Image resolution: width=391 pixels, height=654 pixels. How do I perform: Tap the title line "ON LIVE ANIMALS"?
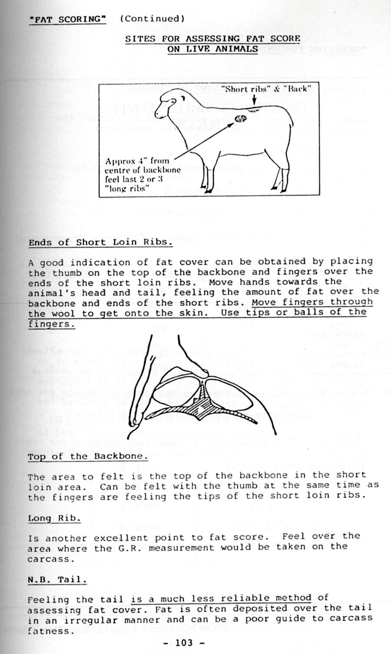click(212, 49)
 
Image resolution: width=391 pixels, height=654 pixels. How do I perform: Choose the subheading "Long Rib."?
click(54, 518)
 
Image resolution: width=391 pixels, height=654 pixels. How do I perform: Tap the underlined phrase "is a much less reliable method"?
click(221, 598)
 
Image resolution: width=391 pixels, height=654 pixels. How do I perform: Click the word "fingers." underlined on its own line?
click(52, 324)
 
